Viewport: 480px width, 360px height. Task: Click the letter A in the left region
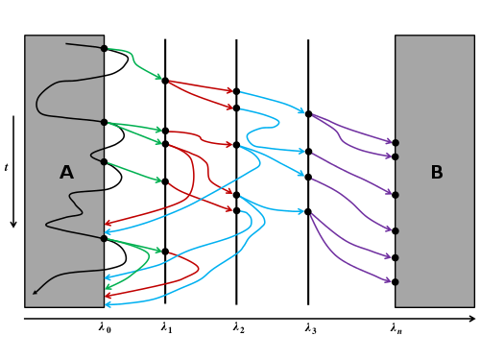point(66,172)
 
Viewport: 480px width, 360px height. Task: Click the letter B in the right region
point(437,172)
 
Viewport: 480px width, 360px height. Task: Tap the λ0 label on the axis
point(105,328)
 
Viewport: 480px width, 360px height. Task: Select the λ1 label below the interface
point(166,328)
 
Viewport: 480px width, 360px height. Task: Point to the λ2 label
point(239,328)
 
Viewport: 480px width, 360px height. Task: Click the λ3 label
point(310,328)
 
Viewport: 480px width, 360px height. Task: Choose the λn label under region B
point(396,328)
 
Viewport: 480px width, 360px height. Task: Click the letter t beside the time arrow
point(6,167)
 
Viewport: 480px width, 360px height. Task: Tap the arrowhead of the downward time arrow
point(13,224)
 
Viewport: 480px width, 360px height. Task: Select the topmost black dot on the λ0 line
point(104,48)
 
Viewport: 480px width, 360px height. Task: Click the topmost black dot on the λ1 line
point(165,81)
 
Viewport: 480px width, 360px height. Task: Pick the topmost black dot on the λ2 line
point(236,91)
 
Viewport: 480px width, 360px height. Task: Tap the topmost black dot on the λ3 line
point(308,114)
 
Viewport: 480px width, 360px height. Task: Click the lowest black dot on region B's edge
point(396,282)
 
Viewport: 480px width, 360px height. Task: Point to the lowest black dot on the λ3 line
point(308,211)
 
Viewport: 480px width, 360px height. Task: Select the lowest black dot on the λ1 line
point(165,252)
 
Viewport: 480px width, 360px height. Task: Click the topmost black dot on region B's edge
point(396,143)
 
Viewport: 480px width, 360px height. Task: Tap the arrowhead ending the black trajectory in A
point(35,292)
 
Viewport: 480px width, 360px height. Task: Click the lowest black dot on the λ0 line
point(104,238)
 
